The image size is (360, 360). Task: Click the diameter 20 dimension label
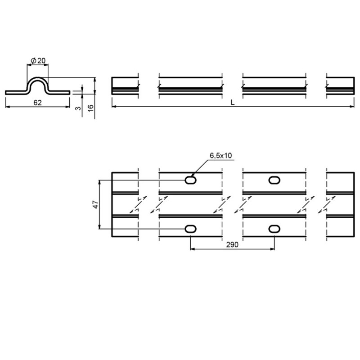(x=38, y=61)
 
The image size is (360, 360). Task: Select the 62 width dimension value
(x=37, y=103)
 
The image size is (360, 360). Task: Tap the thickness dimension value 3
(x=78, y=108)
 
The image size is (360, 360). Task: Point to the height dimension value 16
(x=91, y=108)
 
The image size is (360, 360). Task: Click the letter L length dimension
(x=232, y=102)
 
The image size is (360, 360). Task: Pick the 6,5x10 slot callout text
(x=220, y=156)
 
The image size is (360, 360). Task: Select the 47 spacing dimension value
(x=95, y=204)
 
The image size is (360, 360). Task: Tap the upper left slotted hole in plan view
(x=191, y=180)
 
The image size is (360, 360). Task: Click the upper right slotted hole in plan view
(x=274, y=180)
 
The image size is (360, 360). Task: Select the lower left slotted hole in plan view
(x=191, y=229)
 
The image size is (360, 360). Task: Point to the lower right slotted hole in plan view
(x=274, y=229)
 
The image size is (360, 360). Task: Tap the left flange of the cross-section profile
(x=16, y=92)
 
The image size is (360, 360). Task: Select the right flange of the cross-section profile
(x=59, y=92)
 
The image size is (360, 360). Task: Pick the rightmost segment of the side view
(x=340, y=85)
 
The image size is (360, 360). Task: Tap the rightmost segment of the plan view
(x=340, y=205)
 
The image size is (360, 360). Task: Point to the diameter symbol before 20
(x=33, y=61)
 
